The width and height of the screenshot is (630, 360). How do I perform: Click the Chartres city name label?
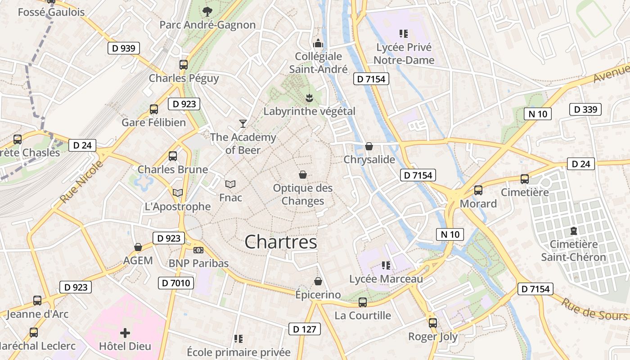click(281, 242)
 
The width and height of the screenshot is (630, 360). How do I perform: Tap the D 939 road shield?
click(124, 48)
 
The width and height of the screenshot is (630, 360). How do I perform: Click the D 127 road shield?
click(305, 329)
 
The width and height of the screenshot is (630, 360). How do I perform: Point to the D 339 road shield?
click(585, 109)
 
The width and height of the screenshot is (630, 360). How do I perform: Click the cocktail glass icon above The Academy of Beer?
click(243, 123)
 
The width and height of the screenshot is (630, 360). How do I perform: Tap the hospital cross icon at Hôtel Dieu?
click(125, 333)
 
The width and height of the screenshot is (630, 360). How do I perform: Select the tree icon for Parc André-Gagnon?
click(207, 12)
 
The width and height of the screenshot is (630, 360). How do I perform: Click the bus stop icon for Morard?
click(478, 190)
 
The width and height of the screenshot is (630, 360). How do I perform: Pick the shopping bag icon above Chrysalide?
click(369, 146)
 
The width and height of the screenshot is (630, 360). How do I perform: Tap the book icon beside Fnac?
click(230, 184)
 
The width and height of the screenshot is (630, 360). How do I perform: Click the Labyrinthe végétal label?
click(309, 111)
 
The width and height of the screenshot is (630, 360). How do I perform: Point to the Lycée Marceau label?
click(386, 279)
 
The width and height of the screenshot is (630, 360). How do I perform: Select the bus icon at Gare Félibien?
click(154, 109)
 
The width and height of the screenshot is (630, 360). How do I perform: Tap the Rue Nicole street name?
click(81, 181)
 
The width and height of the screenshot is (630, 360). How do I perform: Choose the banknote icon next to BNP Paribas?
click(198, 250)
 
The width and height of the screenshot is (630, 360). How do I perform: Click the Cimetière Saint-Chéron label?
click(573, 251)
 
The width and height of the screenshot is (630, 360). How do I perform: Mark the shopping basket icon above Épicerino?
click(318, 282)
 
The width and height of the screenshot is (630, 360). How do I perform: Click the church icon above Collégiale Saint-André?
click(318, 43)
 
